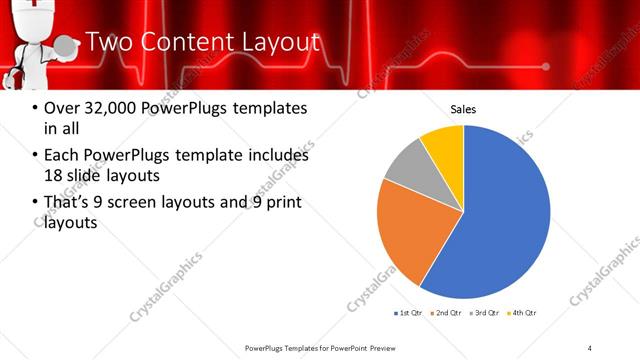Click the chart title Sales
pyautogui.click(x=463, y=109)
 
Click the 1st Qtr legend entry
pyautogui.click(x=409, y=313)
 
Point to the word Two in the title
pyautogui.click(x=109, y=42)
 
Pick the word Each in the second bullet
pyautogui.click(x=62, y=156)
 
